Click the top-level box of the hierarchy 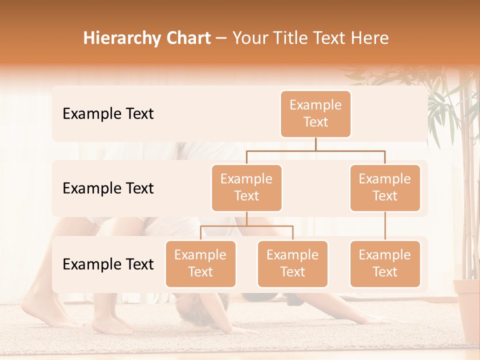point(315,114)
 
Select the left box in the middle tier point(246,187)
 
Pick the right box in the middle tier point(385,187)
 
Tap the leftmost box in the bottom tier point(200,263)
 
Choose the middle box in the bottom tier point(292,263)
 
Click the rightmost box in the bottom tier point(385,263)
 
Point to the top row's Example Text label point(108,114)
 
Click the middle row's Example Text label point(108,188)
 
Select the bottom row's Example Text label point(108,264)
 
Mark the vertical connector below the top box point(315,143)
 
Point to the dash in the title point(221,38)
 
